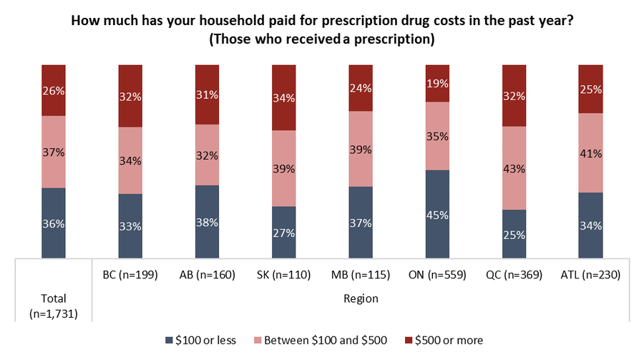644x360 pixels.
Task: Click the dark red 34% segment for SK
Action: pyautogui.click(x=283, y=97)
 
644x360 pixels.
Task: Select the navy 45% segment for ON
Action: pyautogui.click(x=437, y=213)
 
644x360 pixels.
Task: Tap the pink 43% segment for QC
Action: pyautogui.click(x=514, y=168)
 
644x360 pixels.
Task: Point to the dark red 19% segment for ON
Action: pyautogui.click(x=437, y=83)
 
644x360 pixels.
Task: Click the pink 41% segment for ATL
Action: pyautogui.click(x=590, y=153)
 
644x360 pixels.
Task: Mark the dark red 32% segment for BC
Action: pyautogui.click(x=130, y=96)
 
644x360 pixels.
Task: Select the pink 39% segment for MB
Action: pyautogui.click(x=361, y=149)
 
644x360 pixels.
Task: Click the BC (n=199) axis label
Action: pyautogui.click(x=130, y=274)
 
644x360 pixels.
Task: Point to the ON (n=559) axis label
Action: pyautogui.click(x=437, y=274)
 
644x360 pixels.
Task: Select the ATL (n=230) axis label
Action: pyautogui.click(x=590, y=274)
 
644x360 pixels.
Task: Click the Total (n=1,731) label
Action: pyautogui.click(x=54, y=306)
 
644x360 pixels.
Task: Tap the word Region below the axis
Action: pyautogui.click(x=360, y=298)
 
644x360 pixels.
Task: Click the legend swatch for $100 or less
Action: pyautogui.click(x=169, y=341)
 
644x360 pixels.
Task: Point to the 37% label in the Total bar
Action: pyautogui.click(x=54, y=152)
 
